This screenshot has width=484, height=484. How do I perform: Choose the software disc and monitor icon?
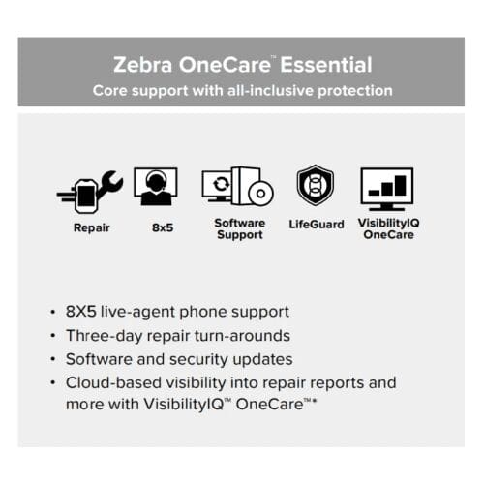(x=237, y=187)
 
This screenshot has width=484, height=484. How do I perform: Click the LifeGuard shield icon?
(x=316, y=186)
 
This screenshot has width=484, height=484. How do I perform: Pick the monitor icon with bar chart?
(x=386, y=188)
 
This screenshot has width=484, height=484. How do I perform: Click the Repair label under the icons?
(x=92, y=229)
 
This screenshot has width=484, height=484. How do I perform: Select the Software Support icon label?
(x=239, y=229)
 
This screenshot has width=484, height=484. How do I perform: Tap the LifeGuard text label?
(x=317, y=225)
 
